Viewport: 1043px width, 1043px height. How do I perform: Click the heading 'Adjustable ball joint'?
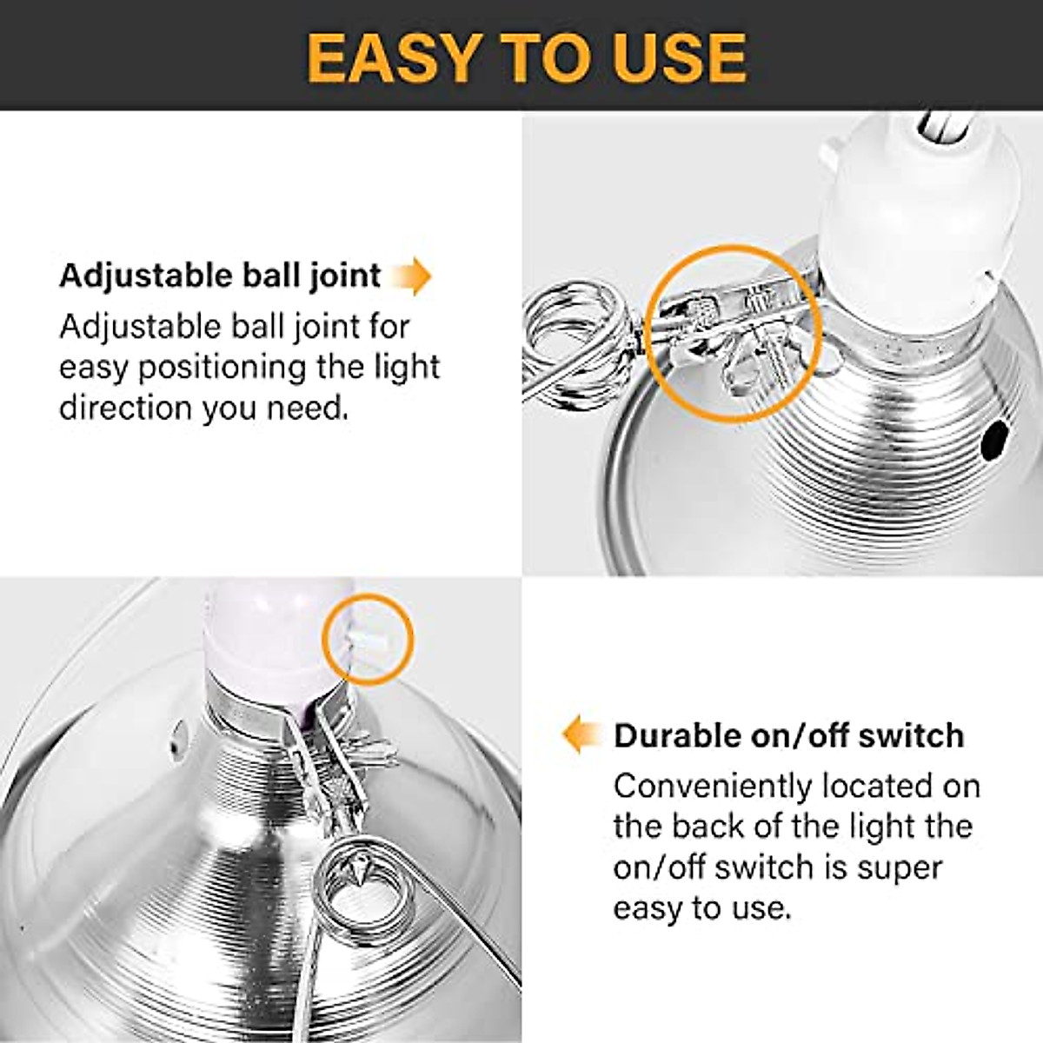[x=220, y=276]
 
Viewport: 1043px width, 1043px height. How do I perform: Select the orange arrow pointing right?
[x=411, y=276]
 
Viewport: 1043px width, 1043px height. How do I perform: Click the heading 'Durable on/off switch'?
[x=788, y=735]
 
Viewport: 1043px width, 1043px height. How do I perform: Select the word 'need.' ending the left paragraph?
[x=306, y=407]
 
